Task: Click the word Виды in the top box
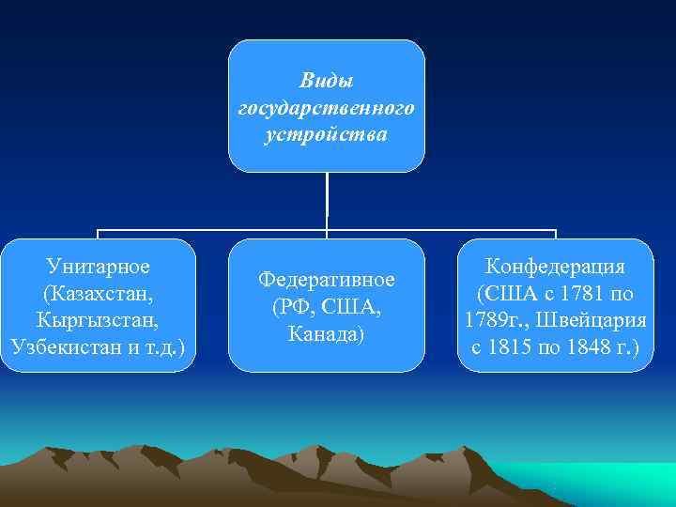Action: click(326, 83)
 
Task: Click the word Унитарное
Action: click(98, 267)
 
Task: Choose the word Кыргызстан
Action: click(98, 319)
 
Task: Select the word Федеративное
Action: click(327, 280)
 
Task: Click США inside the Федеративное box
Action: click(353, 307)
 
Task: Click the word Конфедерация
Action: click(555, 267)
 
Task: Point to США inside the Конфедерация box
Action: click(512, 293)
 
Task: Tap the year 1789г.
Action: click(493, 320)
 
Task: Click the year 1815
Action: click(512, 346)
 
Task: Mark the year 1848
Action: click(589, 346)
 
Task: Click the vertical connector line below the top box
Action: click(327, 199)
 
